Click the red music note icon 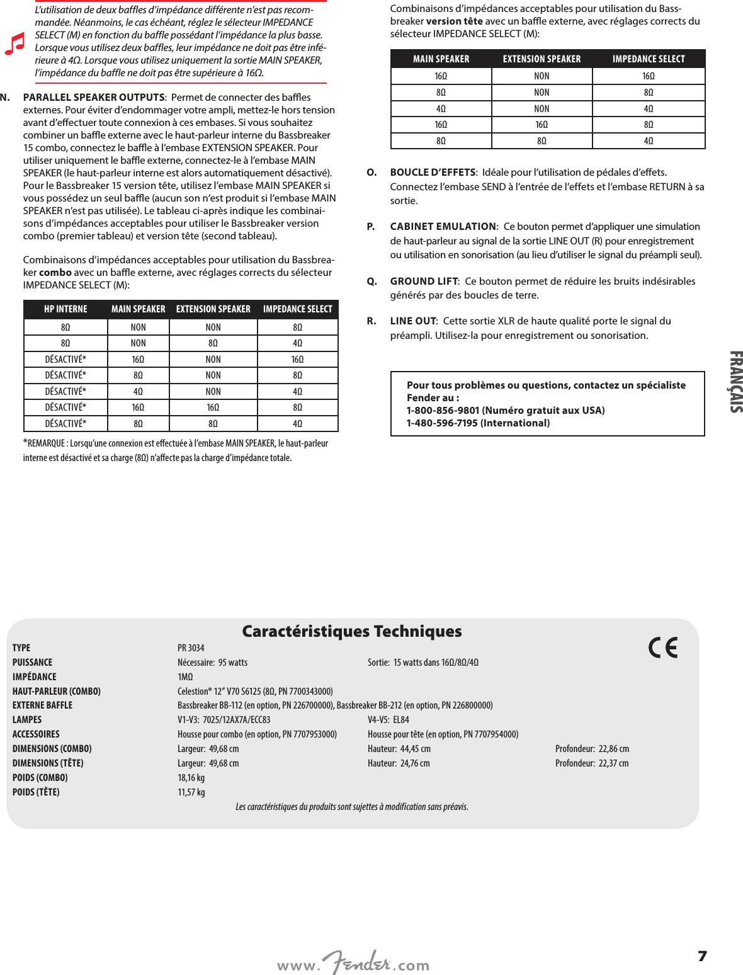pyautogui.click(x=14, y=43)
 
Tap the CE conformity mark pyautogui.click(x=663, y=647)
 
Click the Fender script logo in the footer pyautogui.click(x=356, y=962)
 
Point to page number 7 pyautogui.click(x=702, y=956)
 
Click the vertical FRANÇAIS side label pyautogui.click(x=735, y=382)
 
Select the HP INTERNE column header pyautogui.click(x=65, y=309)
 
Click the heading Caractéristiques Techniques pyautogui.click(x=352, y=631)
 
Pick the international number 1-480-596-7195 pyautogui.click(x=442, y=423)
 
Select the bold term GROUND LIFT pyautogui.click(x=424, y=281)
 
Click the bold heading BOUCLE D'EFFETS pyautogui.click(x=433, y=172)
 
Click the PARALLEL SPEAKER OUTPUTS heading pyautogui.click(x=94, y=97)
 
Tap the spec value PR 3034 pyautogui.click(x=191, y=647)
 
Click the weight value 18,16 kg pyautogui.click(x=191, y=777)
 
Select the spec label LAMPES pyautogui.click(x=27, y=719)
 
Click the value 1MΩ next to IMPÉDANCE pyautogui.click(x=185, y=676)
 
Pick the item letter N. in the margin pyautogui.click(x=5, y=97)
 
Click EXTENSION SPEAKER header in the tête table pyautogui.click(x=542, y=59)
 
